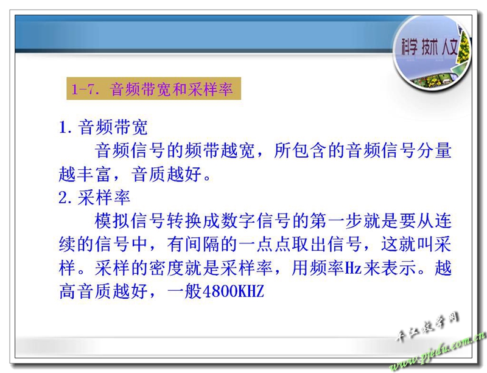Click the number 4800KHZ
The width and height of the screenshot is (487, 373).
233,291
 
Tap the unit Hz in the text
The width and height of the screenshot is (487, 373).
353,267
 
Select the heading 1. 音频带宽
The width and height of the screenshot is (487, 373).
103,127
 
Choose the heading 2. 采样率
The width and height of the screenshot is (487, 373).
94,198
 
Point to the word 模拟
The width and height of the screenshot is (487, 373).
112,221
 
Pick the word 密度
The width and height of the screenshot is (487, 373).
166,268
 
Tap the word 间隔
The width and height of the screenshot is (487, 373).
203,244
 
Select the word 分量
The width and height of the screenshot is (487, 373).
434,151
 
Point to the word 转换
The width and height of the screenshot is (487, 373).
184,221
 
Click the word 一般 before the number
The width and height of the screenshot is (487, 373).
184,291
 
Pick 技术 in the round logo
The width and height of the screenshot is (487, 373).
430,47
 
